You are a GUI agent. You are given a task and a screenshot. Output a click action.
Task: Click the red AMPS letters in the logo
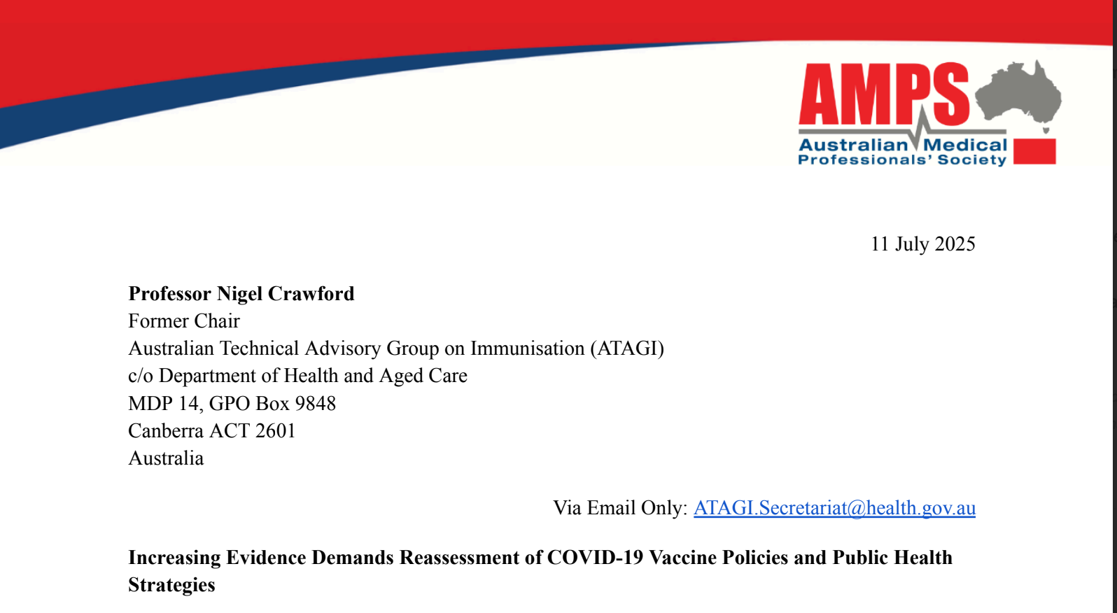click(x=884, y=94)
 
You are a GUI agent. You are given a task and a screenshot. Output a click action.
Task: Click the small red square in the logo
click(x=1034, y=151)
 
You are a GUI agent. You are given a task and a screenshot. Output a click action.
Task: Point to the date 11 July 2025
click(x=923, y=244)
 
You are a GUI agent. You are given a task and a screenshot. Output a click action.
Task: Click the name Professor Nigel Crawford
click(x=241, y=293)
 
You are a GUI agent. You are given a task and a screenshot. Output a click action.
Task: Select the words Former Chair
click(x=184, y=320)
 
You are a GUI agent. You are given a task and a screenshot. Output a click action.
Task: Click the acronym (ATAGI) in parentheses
click(x=627, y=348)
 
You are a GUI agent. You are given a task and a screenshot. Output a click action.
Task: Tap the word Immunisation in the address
click(x=528, y=348)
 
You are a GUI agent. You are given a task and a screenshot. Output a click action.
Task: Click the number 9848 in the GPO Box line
click(x=315, y=403)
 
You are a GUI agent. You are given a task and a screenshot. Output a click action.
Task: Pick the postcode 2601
click(x=275, y=430)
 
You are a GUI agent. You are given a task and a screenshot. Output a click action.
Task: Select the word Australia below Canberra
click(x=166, y=458)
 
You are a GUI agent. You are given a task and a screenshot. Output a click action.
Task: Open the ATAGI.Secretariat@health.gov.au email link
click(x=835, y=508)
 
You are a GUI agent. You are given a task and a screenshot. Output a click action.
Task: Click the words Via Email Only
click(x=620, y=508)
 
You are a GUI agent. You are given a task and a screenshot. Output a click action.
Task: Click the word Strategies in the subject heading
click(x=171, y=585)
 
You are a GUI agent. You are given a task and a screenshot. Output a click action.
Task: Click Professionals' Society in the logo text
click(x=902, y=160)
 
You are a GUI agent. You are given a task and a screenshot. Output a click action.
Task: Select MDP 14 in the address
click(x=164, y=403)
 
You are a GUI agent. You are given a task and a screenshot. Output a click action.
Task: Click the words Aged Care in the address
click(x=423, y=376)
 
